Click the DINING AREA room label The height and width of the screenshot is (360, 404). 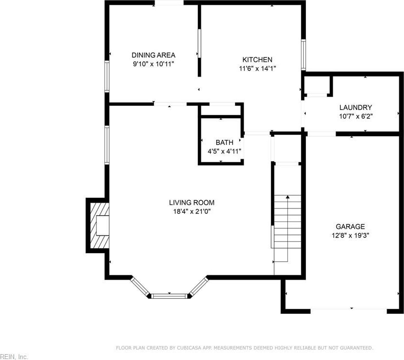tap(153, 55)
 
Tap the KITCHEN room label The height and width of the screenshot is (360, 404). tap(257, 60)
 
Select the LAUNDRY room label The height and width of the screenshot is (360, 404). tap(355, 107)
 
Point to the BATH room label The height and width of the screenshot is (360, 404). tap(224, 142)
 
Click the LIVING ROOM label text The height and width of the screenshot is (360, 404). tap(192, 203)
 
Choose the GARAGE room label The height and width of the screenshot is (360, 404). tap(350, 227)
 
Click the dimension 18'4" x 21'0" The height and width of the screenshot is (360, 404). tap(192, 212)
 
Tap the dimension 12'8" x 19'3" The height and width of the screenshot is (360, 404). tap(351, 235)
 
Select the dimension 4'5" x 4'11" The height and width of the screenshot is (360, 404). tap(224, 151)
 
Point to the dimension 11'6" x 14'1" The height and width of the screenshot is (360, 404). tap(258, 68)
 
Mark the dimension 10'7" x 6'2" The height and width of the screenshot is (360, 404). tap(356, 116)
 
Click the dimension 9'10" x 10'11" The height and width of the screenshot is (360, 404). tap(154, 64)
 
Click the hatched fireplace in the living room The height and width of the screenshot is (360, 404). tap(100, 226)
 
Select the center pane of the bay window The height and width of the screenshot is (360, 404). tap(169, 296)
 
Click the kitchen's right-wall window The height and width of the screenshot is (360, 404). tap(303, 54)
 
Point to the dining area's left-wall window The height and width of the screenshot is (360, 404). tap(107, 76)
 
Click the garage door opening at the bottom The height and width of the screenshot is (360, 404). tap(349, 311)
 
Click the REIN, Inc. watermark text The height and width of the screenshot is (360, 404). tap(13, 357)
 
